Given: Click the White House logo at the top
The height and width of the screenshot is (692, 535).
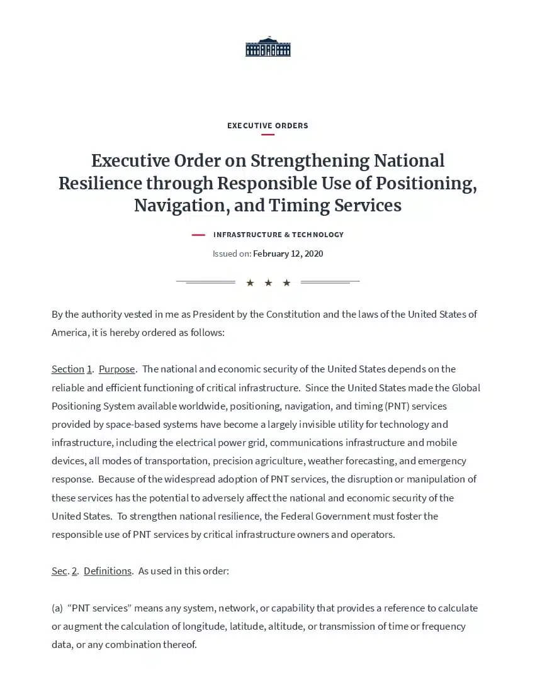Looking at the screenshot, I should (267, 47).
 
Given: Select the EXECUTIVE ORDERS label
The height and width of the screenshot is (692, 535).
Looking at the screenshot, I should (267, 126).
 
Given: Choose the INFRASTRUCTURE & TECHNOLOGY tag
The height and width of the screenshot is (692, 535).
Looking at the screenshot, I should (278, 235).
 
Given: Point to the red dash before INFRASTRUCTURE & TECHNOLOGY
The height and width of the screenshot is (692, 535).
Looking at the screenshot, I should (198, 235).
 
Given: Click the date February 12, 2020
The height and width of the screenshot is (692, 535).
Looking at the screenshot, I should (288, 254).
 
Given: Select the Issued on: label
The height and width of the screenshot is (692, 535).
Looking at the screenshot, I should (232, 254).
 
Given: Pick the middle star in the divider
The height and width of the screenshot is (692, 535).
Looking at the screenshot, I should (268, 283).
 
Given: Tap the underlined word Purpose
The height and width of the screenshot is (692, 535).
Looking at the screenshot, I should (116, 369).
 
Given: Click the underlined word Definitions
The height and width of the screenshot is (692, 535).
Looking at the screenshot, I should (108, 571).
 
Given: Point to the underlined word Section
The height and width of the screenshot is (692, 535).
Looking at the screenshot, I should (67, 369).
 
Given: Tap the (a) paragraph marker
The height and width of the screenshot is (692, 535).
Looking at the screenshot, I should (57, 608).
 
